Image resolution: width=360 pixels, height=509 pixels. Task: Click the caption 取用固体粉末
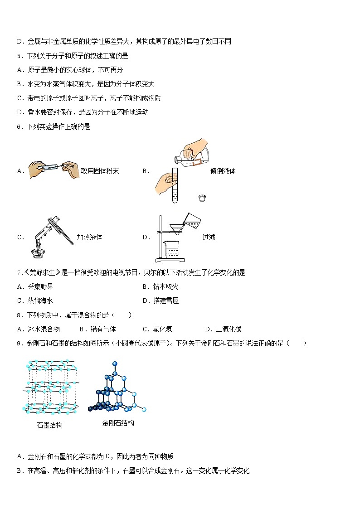click(100, 171)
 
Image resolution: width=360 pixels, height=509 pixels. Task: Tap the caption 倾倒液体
click(223, 171)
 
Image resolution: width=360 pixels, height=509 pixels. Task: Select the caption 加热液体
click(89, 238)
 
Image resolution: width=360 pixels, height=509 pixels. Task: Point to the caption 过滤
click(209, 238)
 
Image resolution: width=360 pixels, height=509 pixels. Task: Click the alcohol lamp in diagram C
click(38, 252)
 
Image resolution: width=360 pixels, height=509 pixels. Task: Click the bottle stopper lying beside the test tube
click(202, 198)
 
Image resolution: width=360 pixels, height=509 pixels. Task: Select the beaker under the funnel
click(171, 249)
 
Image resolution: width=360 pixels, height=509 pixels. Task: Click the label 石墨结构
click(50, 425)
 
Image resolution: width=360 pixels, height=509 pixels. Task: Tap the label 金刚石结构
click(118, 423)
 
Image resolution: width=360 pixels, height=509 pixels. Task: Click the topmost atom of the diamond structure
click(115, 364)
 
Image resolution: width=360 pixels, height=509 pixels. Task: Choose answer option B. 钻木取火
click(161, 286)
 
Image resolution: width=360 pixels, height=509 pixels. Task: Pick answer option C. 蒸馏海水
click(35, 301)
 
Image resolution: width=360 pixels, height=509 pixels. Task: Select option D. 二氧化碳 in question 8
click(224, 329)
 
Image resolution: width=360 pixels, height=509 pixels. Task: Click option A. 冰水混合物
click(38, 329)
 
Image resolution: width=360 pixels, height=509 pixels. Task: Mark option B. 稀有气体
click(98, 329)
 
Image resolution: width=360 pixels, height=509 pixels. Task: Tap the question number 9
click(19, 344)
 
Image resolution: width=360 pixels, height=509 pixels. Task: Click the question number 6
click(19, 127)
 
